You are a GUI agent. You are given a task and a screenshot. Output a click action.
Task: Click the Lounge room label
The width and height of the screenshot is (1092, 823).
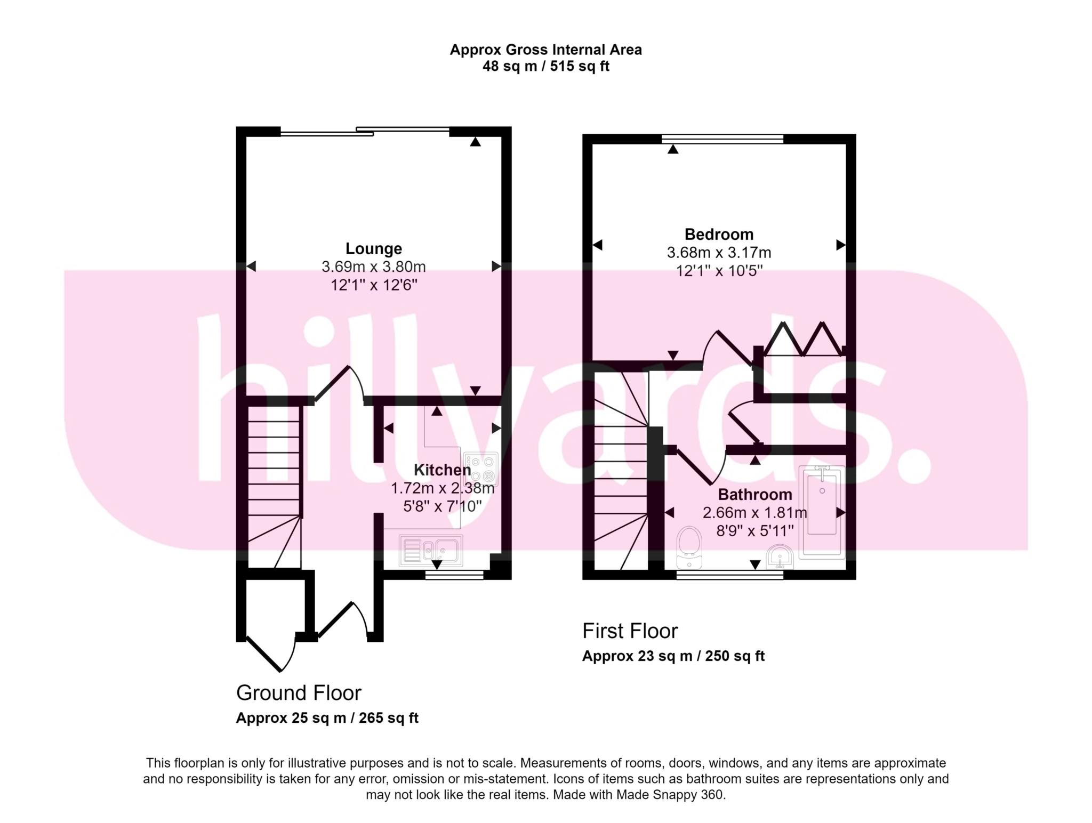(x=374, y=248)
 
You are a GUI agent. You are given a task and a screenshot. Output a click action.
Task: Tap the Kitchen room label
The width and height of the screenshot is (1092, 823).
(x=443, y=470)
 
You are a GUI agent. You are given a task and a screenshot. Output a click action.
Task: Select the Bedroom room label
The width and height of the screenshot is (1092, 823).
(x=719, y=234)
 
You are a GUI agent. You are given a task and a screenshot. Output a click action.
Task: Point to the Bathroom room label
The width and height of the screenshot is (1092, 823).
(x=755, y=495)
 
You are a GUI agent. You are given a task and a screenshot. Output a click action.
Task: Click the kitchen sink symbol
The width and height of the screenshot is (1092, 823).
(x=431, y=551)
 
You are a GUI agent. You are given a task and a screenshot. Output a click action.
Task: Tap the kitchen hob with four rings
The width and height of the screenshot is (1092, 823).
(x=481, y=469)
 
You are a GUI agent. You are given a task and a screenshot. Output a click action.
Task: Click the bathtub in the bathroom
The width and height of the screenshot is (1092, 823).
(x=822, y=513)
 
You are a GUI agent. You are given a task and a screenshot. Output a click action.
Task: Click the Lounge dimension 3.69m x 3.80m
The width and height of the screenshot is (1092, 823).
(x=374, y=267)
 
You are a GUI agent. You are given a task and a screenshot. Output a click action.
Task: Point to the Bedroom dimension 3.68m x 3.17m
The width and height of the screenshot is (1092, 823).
(x=719, y=252)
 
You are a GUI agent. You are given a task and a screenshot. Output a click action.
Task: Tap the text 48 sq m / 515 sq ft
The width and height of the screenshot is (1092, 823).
(x=546, y=67)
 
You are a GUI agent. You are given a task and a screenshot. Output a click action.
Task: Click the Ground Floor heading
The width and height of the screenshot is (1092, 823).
(x=299, y=693)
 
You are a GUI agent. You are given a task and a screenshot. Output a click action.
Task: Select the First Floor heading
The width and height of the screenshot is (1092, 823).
(x=630, y=631)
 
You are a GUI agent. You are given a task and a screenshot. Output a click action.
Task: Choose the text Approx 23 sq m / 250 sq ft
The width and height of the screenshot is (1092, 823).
(x=673, y=656)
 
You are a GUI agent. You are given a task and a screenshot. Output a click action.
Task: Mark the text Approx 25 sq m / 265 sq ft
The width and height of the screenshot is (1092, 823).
(x=327, y=719)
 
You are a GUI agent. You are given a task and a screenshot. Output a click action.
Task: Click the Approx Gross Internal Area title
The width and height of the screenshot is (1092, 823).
(x=546, y=50)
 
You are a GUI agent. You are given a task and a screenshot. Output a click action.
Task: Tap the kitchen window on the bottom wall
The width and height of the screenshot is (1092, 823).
(x=454, y=575)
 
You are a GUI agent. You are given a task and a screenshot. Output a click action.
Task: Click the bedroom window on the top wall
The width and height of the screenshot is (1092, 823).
(x=722, y=139)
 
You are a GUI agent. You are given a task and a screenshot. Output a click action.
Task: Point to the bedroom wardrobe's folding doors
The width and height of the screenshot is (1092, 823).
(x=804, y=338)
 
